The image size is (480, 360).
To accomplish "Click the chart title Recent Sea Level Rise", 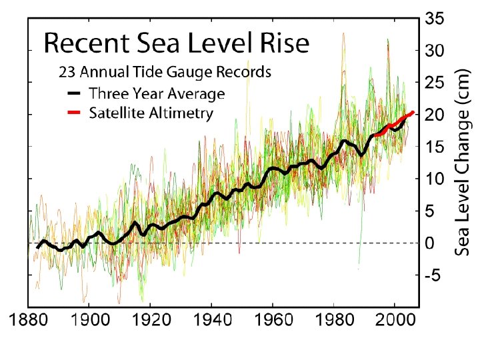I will point(177,44).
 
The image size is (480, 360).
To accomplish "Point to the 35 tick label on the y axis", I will point(435,19).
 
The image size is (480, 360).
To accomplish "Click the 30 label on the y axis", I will point(435,51).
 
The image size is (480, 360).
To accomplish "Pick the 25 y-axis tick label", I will point(435,83).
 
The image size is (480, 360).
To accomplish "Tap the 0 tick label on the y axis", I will point(430,244).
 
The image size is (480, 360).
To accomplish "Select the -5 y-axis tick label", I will point(433,276).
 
